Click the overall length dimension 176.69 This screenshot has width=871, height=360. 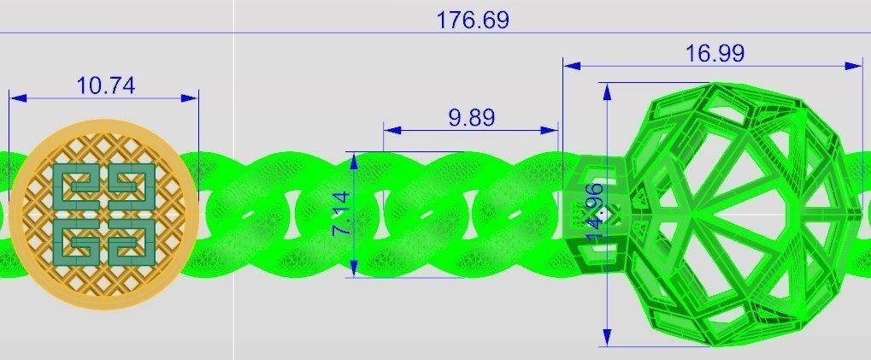pos(472,20)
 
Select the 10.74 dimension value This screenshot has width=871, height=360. pos(105,86)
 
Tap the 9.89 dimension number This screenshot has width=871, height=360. pos(471,118)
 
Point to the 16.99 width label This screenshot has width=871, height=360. pos(715,53)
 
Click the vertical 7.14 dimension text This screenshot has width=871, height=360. pos(340,214)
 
